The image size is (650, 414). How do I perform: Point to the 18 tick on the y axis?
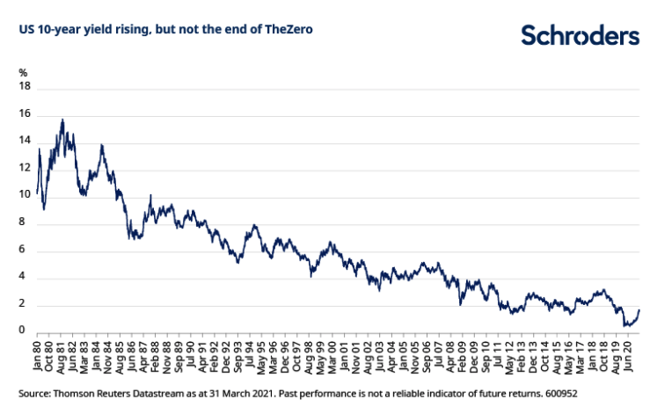(x=25, y=87)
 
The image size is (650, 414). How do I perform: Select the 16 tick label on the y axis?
(x=25, y=114)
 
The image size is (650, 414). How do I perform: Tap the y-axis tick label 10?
(x=25, y=195)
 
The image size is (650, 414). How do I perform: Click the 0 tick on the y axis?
(x=27, y=331)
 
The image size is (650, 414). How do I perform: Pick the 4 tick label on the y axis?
(x=27, y=277)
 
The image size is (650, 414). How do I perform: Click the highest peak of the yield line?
(x=62, y=120)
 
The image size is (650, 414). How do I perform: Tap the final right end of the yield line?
(x=639, y=309)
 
